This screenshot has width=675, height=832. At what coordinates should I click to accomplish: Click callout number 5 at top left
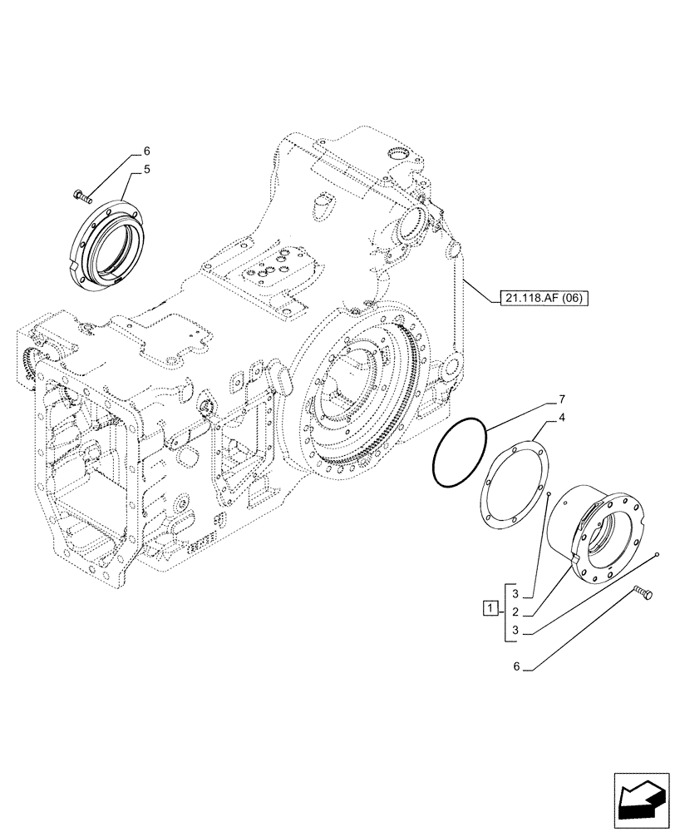click(x=146, y=169)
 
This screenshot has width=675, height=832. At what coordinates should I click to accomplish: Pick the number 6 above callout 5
click(x=146, y=151)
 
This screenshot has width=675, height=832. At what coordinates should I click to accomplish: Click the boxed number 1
click(x=492, y=607)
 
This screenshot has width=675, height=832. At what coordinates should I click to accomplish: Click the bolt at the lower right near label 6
click(x=643, y=593)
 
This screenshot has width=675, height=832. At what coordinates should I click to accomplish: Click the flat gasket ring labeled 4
click(x=512, y=486)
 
